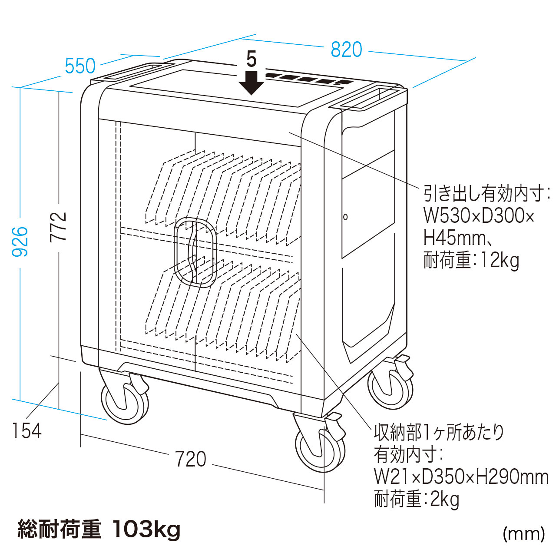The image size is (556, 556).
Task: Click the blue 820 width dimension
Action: (346, 50)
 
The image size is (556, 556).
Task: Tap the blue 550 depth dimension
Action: (80, 66)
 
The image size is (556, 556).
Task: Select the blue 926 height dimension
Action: (20, 242)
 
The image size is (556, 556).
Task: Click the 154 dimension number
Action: (27, 431)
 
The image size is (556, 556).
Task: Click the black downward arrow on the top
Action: (252, 82)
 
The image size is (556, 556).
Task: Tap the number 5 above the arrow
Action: (252, 59)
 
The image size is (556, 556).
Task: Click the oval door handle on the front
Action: (195, 252)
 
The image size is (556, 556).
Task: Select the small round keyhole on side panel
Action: (345, 217)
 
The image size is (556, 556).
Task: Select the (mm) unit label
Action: (523, 533)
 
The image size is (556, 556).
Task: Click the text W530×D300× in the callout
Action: (479, 216)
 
